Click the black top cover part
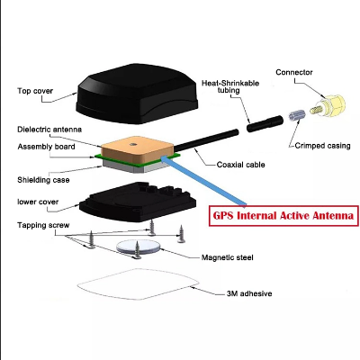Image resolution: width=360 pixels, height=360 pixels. (x=138, y=94)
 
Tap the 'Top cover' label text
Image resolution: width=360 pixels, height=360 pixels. (x=35, y=91)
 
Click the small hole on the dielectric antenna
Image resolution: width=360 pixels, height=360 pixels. (x=132, y=145)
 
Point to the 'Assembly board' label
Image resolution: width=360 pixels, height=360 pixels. (x=46, y=147)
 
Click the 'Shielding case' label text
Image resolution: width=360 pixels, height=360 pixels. (x=43, y=180)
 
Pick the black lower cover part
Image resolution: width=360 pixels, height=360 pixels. (x=138, y=202)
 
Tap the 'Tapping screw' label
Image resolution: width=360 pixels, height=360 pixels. (x=43, y=225)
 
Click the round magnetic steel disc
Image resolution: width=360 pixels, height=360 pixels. (x=139, y=247)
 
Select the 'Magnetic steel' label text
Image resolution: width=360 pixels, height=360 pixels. (x=228, y=257)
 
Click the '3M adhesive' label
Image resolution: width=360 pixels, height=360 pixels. (x=249, y=293)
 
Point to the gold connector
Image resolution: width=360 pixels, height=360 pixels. (x=328, y=106)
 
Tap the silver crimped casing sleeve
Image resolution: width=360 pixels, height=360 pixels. (x=297, y=115)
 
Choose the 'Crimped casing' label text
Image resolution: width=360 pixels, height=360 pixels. (x=322, y=146)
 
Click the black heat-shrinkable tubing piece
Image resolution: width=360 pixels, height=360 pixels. (x=265, y=123)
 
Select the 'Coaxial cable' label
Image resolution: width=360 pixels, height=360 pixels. (x=241, y=165)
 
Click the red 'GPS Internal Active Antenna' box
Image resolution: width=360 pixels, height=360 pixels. (x=283, y=216)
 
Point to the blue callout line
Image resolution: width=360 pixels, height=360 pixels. (x=204, y=181)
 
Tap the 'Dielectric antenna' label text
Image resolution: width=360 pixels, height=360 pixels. (x=49, y=130)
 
